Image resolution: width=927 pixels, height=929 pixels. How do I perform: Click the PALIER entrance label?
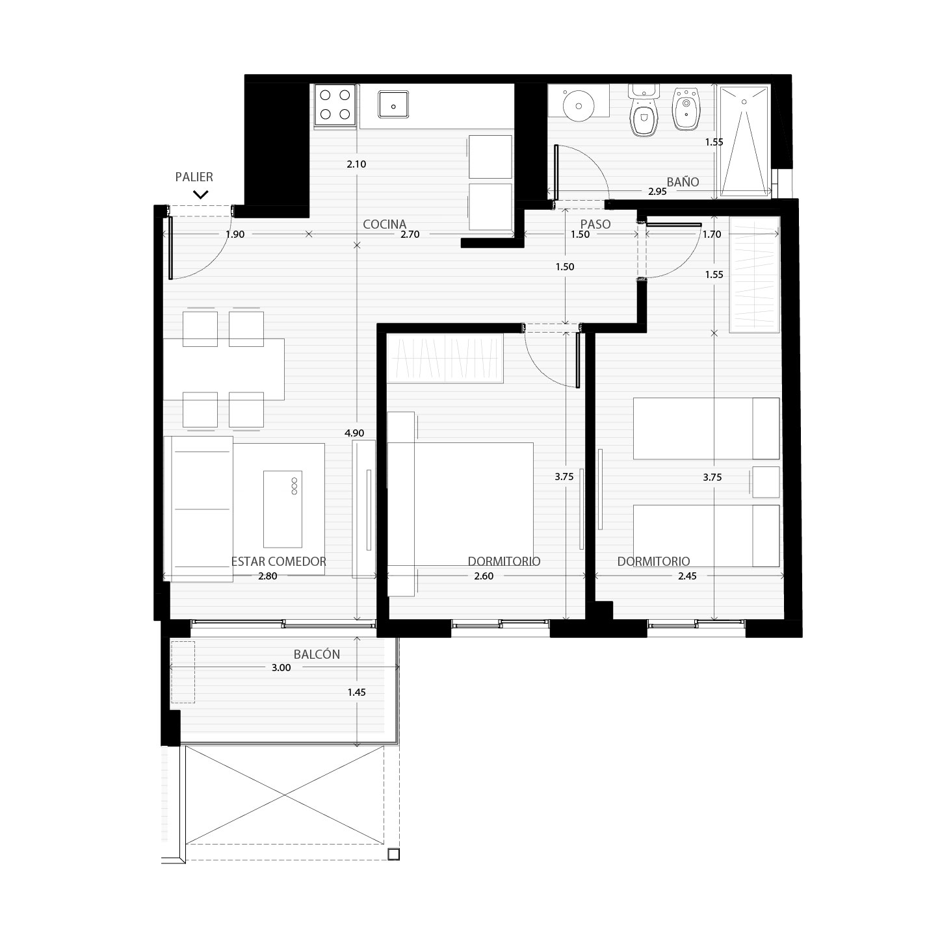pyautogui.click(x=194, y=177)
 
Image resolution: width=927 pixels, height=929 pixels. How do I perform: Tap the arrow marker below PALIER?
pyautogui.click(x=201, y=194)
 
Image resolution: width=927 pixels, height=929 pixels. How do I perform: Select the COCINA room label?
pyautogui.click(x=385, y=224)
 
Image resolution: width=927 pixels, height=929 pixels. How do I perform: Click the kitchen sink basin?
pyautogui.click(x=393, y=105)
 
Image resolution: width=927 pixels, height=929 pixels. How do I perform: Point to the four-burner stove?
pyautogui.click(x=335, y=105)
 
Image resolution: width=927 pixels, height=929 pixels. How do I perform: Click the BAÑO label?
pyautogui.click(x=683, y=182)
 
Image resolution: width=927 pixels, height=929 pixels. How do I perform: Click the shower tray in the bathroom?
pyautogui.click(x=744, y=141)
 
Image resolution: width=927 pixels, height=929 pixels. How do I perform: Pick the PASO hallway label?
pyautogui.click(x=595, y=224)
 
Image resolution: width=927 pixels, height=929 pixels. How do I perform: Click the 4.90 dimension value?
pyautogui.click(x=354, y=433)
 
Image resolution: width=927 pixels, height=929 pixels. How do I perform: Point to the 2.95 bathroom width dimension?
pyautogui.click(x=657, y=192)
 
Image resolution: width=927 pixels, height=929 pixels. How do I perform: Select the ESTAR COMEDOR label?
pyautogui.click(x=278, y=561)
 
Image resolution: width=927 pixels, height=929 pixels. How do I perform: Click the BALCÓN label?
pyautogui.click(x=317, y=654)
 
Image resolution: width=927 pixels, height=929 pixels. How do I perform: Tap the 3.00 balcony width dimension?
pyautogui.click(x=281, y=668)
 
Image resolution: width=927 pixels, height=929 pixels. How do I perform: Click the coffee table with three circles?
pyautogui.click(x=283, y=509)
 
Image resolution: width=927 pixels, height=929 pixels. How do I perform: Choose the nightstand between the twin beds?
pyautogui.click(x=766, y=482)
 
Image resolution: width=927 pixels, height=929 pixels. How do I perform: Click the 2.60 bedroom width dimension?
pyautogui.click(x=484, y=576)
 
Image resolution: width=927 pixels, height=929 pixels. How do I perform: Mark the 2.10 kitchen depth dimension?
pyautogui.click(x=356, y=164)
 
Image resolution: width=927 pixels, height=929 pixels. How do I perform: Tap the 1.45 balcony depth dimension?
pyautogui.click(x=357, y=693)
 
